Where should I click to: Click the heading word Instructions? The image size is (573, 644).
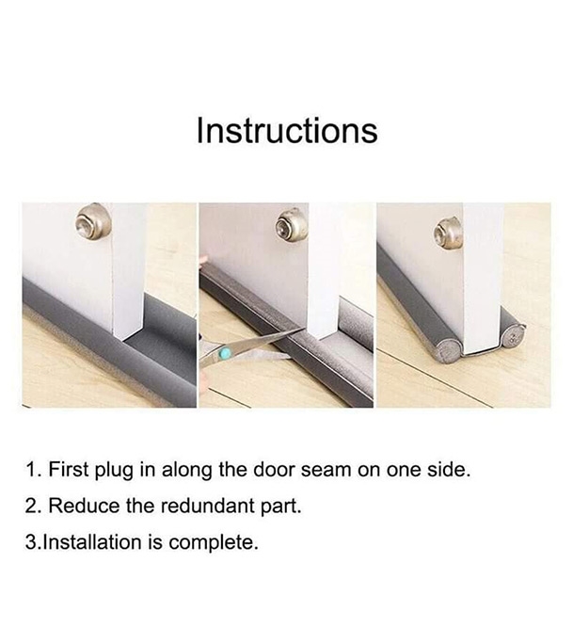click(287, 130)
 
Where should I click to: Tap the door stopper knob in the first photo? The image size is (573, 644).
click(93, 222)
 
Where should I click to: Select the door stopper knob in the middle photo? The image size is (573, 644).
click(292, 225)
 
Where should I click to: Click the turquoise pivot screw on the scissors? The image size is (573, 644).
click(225, 352)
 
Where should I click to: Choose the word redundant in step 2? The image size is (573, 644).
click(208, 506)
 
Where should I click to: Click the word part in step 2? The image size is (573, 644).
click(281, 507)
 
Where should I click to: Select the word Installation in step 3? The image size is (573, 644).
click(92, 541)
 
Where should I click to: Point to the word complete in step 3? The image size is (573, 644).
click(213, 543)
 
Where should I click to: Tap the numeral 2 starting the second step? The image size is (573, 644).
click(31, 506)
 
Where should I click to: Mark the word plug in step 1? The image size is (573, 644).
click(114, 471)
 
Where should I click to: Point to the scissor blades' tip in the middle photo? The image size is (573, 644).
click(303, 329)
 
